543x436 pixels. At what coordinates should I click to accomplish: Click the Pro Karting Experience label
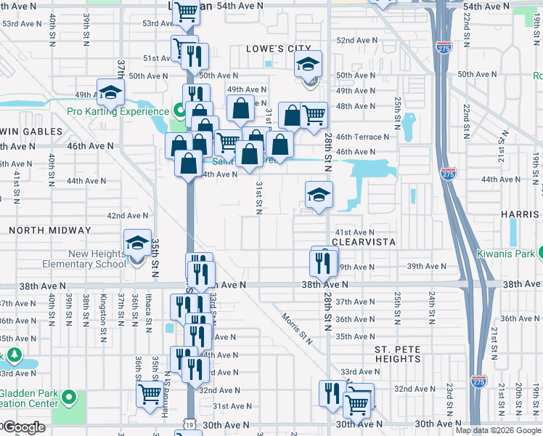[x=118, y=111]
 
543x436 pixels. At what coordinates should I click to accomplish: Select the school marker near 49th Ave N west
[x=111, y=92]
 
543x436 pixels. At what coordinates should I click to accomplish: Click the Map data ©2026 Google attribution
[x=498, y=430]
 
